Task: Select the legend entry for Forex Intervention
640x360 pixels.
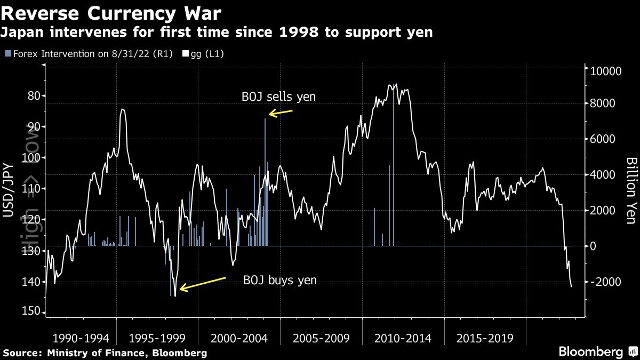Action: pos(88,54)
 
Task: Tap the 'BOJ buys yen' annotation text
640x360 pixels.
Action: pos(280,280)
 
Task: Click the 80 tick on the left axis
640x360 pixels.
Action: pos(32,96)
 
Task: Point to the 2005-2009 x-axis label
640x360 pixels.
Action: pos(321,338)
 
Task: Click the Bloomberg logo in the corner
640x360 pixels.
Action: pos(590,352)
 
